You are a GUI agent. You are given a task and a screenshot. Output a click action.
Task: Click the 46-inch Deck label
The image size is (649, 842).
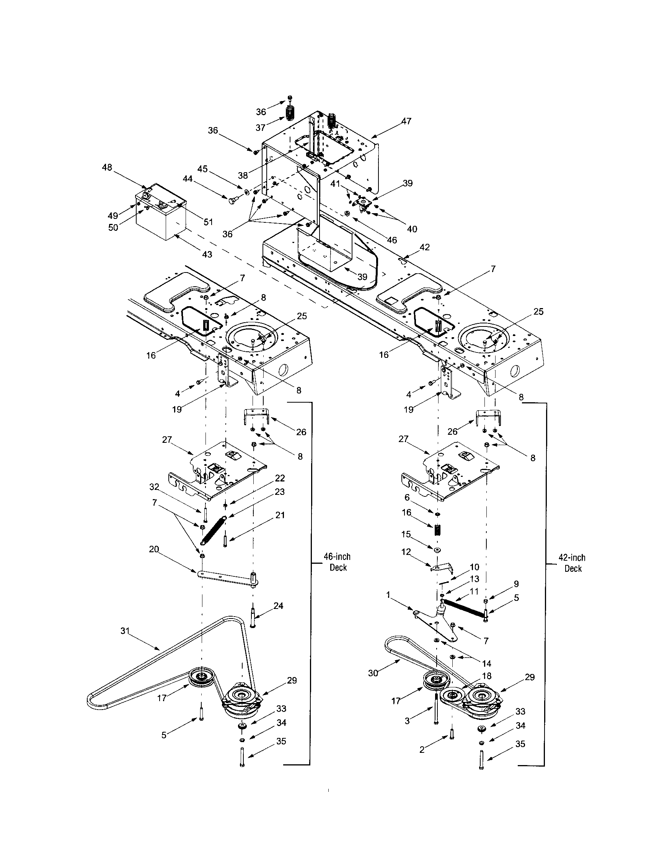pos(338,562)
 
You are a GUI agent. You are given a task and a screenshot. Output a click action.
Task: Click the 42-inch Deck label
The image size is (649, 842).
pos(572,563)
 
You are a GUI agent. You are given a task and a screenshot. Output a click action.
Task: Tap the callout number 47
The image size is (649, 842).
pos(406,121)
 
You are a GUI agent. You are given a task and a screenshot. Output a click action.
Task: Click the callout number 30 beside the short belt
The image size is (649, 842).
pos(373,673)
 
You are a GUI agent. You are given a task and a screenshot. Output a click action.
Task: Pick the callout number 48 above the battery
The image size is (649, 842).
pos(107,167)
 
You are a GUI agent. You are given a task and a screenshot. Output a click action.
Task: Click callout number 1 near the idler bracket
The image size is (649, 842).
pos(388,595)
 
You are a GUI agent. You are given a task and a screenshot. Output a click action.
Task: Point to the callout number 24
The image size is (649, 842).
pos(278,606)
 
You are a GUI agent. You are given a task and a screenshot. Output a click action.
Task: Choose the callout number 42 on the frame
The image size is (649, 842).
pos(424,247)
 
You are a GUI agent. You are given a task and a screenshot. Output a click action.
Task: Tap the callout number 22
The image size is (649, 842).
pos(280,478)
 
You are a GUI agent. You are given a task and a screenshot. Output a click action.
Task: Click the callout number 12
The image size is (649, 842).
pos(406,552)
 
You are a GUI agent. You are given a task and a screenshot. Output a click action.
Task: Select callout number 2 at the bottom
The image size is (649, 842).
pos(422,750)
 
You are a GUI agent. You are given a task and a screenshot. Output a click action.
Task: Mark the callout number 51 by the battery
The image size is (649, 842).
pos(208,222)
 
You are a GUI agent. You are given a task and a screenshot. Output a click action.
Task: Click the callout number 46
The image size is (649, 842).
pos(391,240)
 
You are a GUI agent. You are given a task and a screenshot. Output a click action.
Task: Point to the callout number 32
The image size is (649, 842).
pos(154,487)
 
